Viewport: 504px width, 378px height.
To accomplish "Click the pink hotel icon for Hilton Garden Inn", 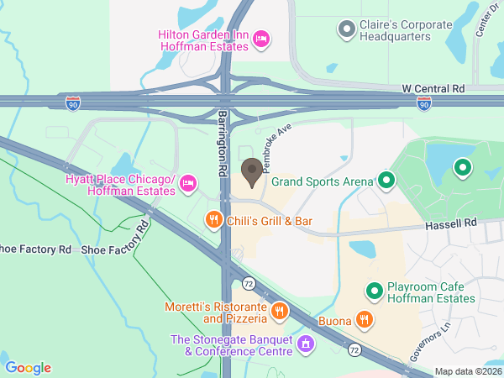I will pyautogui.click(x=261, y=38).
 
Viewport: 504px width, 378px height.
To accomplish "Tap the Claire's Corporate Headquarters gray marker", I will pyautogui.click(x=345, y=30).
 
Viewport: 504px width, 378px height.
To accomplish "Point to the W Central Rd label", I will pyautogui.click(x=433, y=87).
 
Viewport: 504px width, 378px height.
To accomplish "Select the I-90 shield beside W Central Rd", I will pyautogui.click(x=425, y=102).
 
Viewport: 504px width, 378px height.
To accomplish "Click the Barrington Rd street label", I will pyautogui.click(x=223, y=142).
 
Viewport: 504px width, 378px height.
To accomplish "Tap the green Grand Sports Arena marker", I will pyautogui.click(x=386, y=180).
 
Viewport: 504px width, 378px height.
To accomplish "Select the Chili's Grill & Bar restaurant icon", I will pyautogui.click(x=214, y=221).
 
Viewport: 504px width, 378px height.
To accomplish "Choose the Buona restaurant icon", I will pyautogui.click(x=364, y=319).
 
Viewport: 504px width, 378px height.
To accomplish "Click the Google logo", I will pyautogui.click(x=29, y=368).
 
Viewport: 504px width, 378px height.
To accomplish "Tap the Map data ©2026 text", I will pyautogui.click(x=467, y=371).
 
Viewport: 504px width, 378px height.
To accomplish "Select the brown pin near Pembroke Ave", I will pyautogui.click(x=251, y=172).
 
